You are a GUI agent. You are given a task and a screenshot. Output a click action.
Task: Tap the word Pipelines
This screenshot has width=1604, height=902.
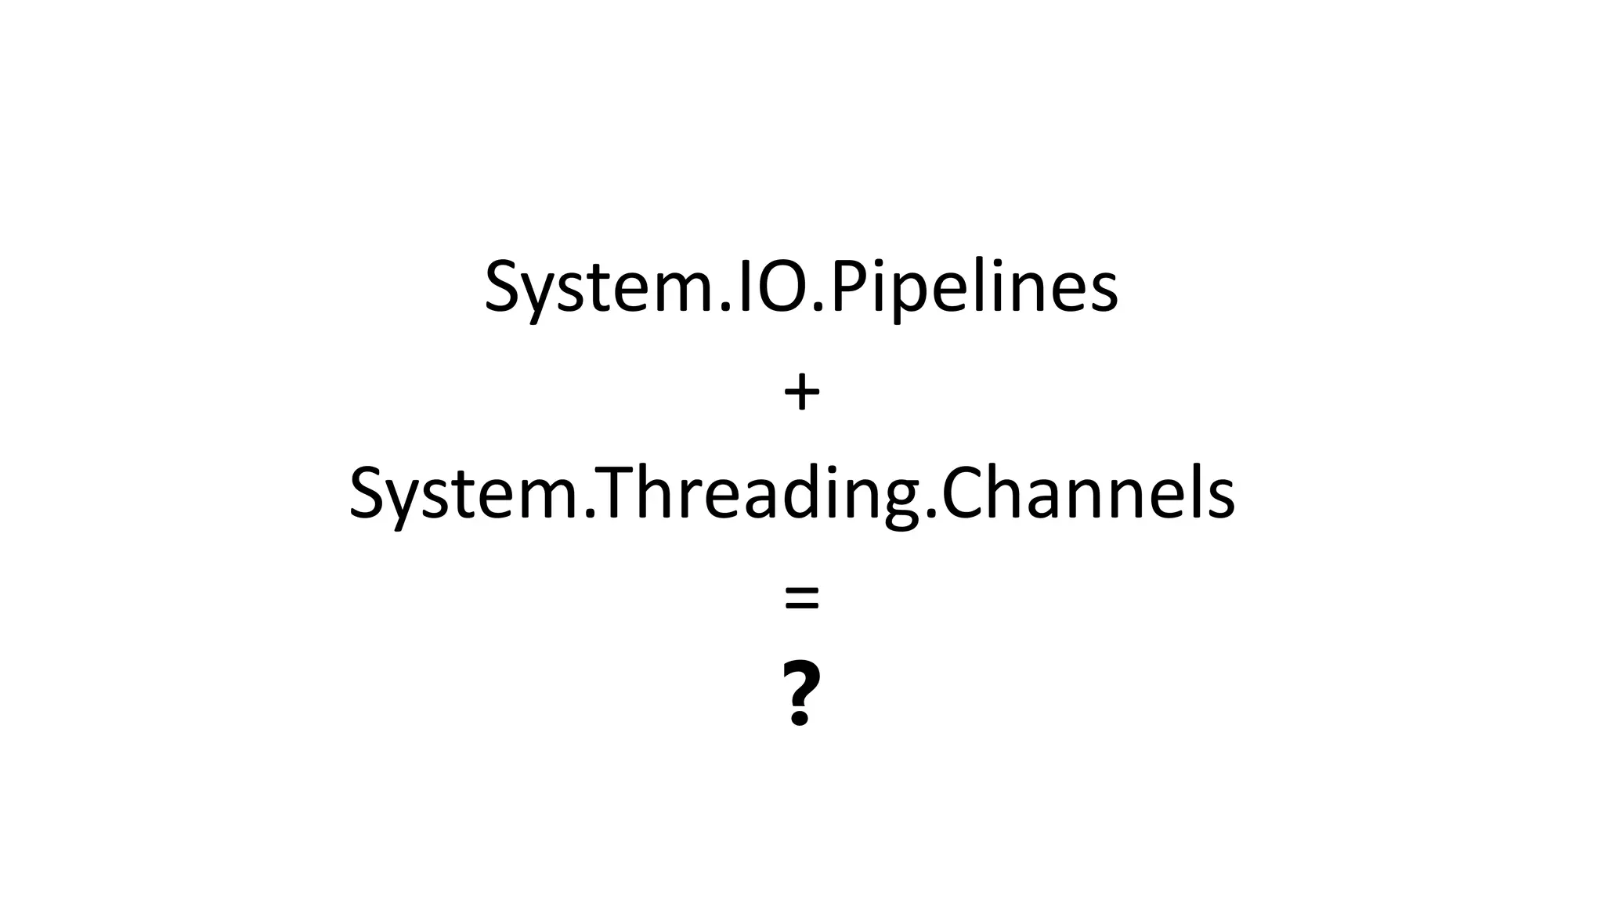[974, 287]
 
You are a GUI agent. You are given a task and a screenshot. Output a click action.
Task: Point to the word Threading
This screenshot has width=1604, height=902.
[753, 494]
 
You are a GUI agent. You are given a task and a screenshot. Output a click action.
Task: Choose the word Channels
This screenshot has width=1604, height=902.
[1088, 494]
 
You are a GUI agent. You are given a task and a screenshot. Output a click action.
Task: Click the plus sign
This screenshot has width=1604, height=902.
[801, 393]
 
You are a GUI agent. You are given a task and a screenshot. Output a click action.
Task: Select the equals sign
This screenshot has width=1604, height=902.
[801, 599]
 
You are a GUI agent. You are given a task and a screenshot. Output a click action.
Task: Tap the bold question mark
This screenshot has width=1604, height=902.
[801, 693]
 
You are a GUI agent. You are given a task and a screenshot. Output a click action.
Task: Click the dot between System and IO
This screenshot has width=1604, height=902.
[726, 307]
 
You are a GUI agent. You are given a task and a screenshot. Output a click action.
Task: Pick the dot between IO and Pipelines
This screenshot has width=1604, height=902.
[818, 307]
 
